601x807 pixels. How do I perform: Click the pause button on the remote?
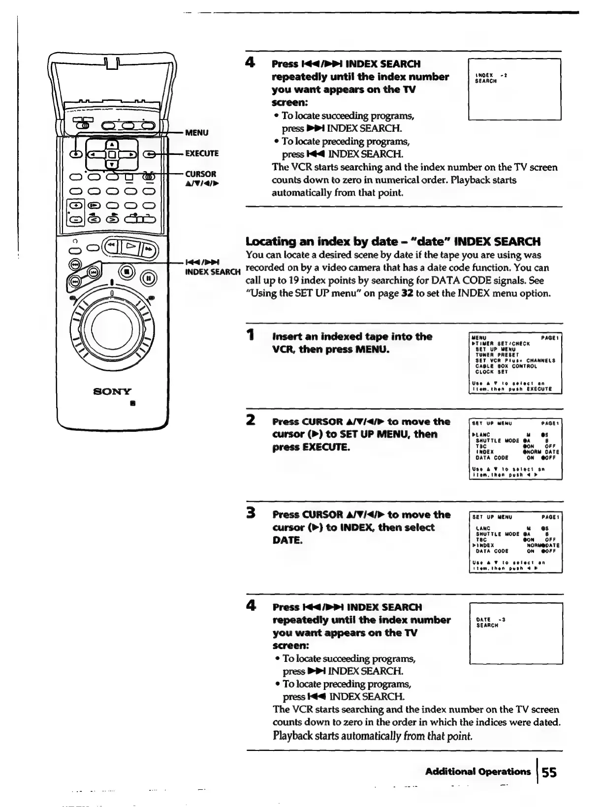[x=151, y=279]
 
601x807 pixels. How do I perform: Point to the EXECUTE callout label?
[x=201, y=153]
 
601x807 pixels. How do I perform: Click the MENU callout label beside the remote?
[x=196, y=132]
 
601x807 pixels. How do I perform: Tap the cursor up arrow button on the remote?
[x=112, y=144]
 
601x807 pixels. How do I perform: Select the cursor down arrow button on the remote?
[x=112, y=164]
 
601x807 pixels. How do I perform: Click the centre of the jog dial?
[x=112, y=328]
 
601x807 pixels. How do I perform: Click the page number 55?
[x=549, y=773]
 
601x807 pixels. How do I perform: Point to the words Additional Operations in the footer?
[x=477, y=772]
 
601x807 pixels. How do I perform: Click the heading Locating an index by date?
[x=393, y=241]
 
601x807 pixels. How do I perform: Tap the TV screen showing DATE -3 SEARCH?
[x=516, y=634]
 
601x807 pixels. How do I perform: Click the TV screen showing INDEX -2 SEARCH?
[x=514, y=89]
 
